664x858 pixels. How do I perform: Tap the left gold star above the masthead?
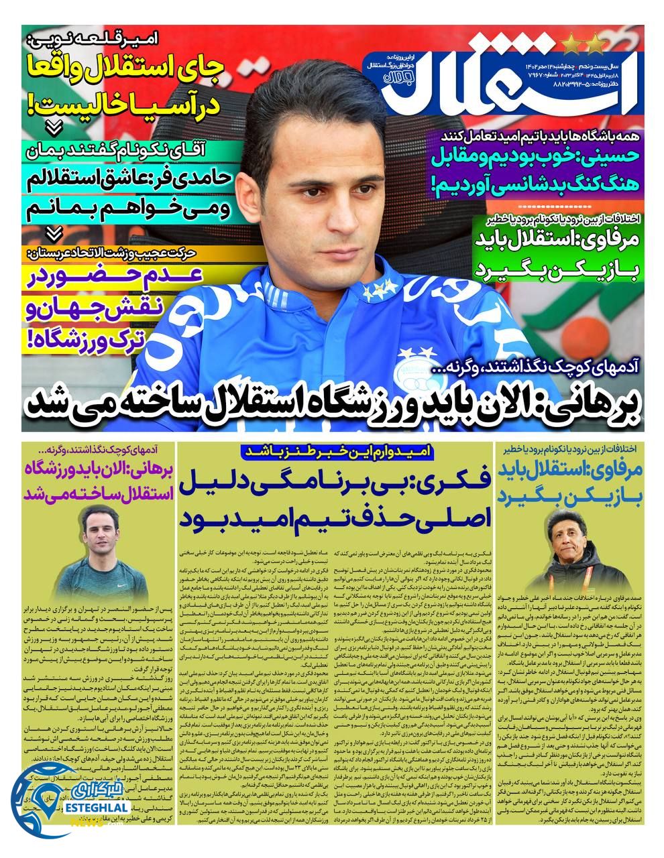(x=572, y=45)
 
